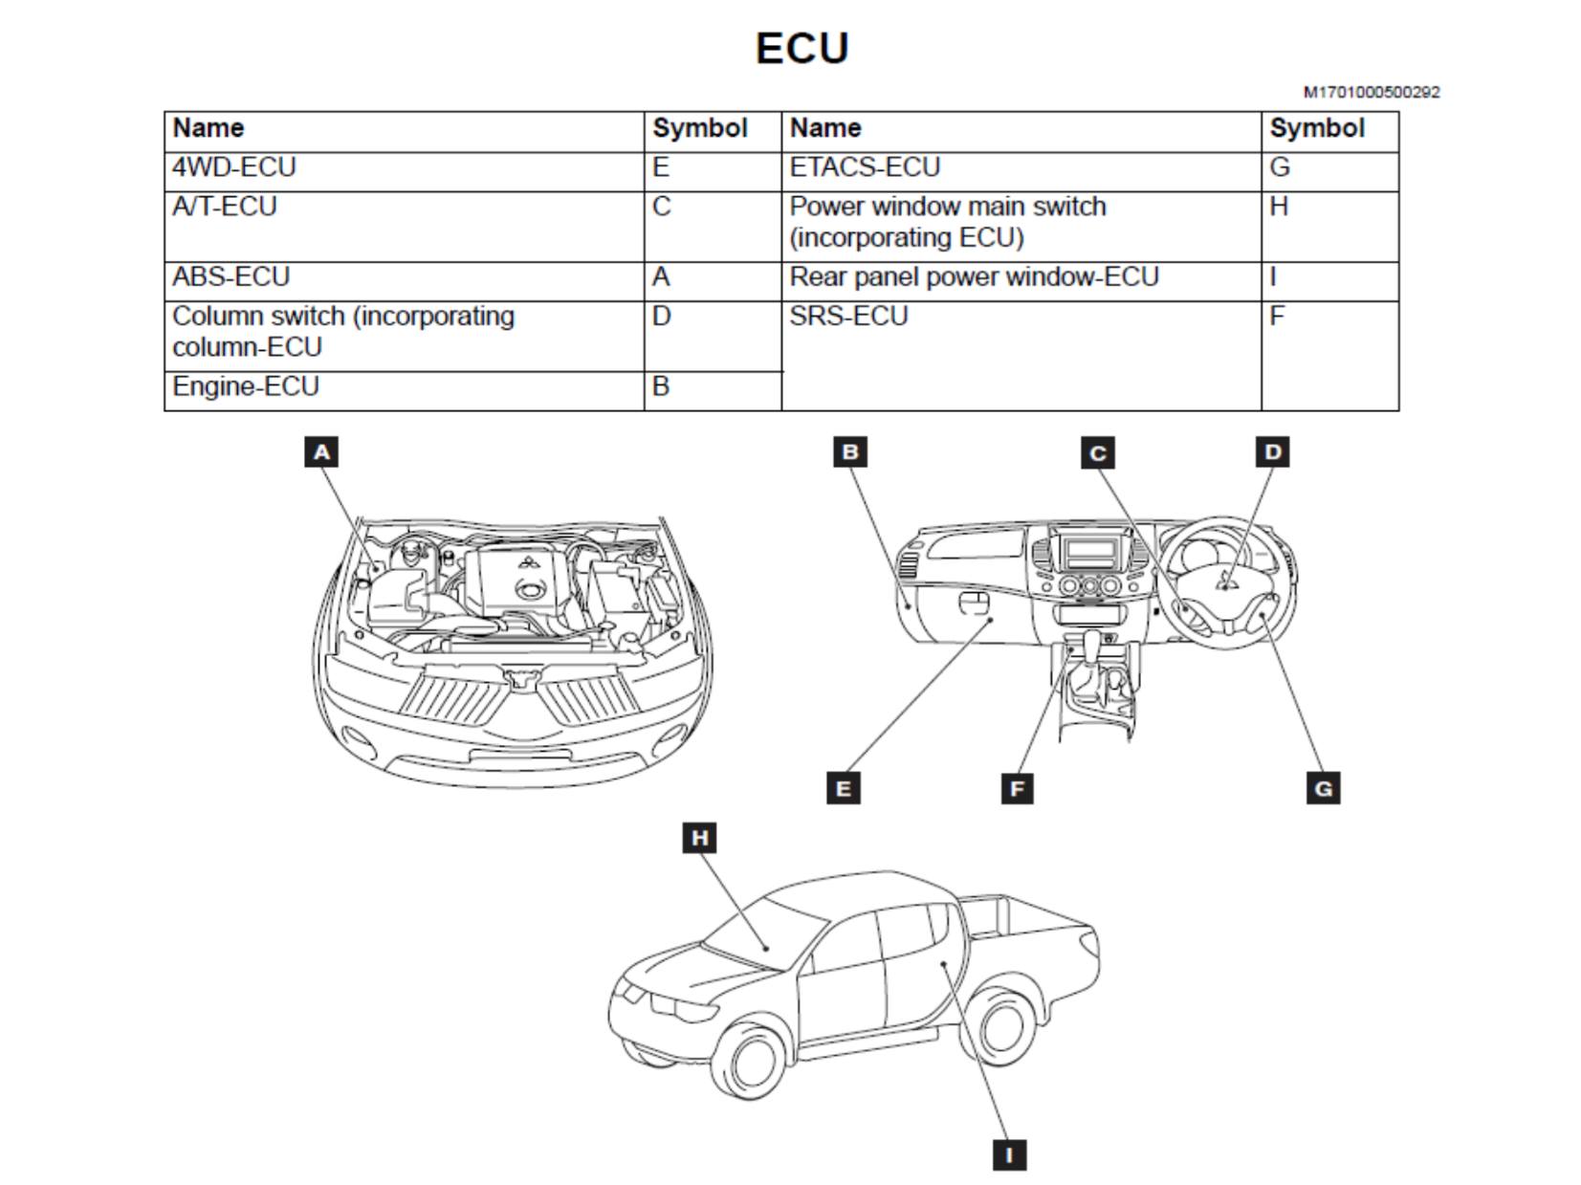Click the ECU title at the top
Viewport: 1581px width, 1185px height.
tap(801, 48)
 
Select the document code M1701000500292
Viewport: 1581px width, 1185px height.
tap(1372, 92)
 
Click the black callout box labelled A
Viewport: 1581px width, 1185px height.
tap(321, 452)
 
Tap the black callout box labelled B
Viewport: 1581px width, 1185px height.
tap(850, 452)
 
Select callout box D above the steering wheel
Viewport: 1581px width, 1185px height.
tap(1273, 452)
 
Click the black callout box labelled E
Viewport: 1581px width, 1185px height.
tap(844, 788)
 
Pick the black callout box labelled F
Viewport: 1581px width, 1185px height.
tap(1017, 788)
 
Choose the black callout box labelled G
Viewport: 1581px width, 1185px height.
tap(1324, 788)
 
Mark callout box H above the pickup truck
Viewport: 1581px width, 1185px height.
tap(699, 837)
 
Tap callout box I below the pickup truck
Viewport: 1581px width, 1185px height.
tap(1010, 1154)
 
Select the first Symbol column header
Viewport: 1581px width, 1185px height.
tap(699, 128)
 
